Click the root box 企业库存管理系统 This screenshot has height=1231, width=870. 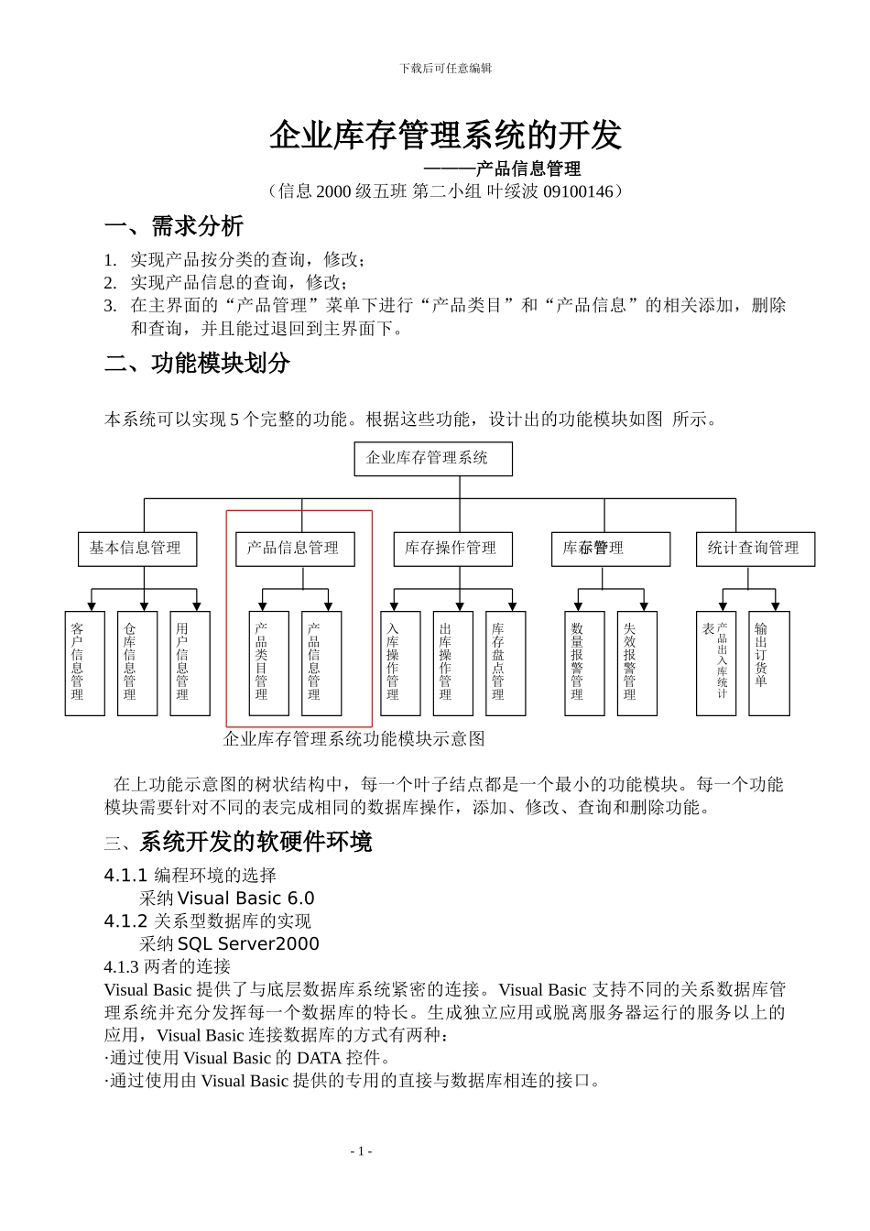click(x=432, y=458)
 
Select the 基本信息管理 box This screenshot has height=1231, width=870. click(x=136, y=549)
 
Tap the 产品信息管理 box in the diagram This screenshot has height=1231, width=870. click(x=294, y=549)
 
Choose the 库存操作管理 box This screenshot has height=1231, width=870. click(x=452, y=549)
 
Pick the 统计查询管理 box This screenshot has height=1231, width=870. click(x=755, y=549)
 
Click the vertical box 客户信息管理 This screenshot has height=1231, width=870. click(x=84, y=663)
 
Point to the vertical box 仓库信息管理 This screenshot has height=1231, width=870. click(x=137, y=663)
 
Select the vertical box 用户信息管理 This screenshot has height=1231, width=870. click(x=190, y=663)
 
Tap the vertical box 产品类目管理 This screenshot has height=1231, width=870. click(x=268, y=663)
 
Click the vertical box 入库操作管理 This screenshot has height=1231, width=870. click(x=400, y=663)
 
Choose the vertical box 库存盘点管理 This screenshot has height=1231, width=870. click(x=505, y=663)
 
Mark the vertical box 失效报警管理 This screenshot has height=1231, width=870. click(x=636, y=663)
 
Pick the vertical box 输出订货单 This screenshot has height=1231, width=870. click(x=768, y=663)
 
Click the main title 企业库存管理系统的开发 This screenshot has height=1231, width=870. click(x=445, y=136)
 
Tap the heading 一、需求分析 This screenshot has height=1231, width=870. click(x=174, y=226)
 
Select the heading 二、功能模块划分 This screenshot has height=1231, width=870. click(x=197, y=364)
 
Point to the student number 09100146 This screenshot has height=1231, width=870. click(x=578, y=191)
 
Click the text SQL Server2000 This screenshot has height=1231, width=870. click(x=248, y=944)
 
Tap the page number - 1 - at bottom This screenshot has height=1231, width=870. click(x=361, y=1151)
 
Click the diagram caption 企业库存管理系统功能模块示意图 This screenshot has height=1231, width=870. click(x=353, y=739)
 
